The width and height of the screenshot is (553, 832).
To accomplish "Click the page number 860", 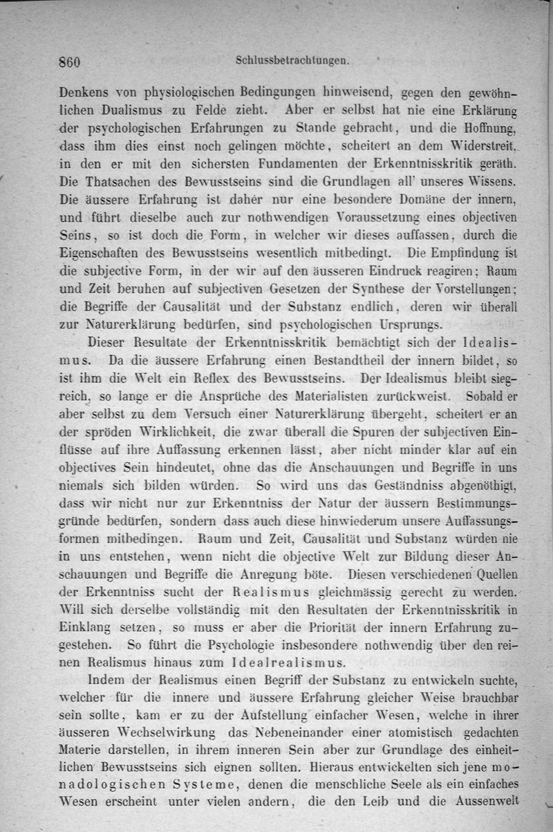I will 70,61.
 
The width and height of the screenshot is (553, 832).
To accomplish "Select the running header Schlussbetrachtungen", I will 295,60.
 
